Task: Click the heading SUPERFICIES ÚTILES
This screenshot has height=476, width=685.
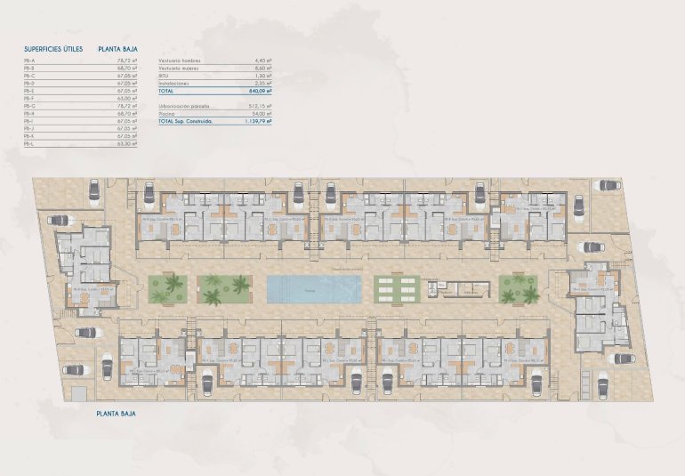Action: tap(54, 50)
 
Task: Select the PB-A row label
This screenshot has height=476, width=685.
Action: tap(29, 60)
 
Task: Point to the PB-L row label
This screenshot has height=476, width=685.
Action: tap(29, 143)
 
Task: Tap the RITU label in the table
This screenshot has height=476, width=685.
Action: tap(164, 75)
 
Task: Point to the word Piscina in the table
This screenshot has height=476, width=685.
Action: tap(166, 113)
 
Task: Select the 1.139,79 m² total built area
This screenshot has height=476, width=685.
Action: tap(255, 121)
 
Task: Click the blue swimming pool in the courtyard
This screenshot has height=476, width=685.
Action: tap(314, 288)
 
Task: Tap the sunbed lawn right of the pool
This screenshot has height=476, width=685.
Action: tap(398, 288)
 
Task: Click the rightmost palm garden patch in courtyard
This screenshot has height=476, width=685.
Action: tap(520, 288)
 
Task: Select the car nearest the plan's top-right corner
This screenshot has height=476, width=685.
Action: tap(608, 186)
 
